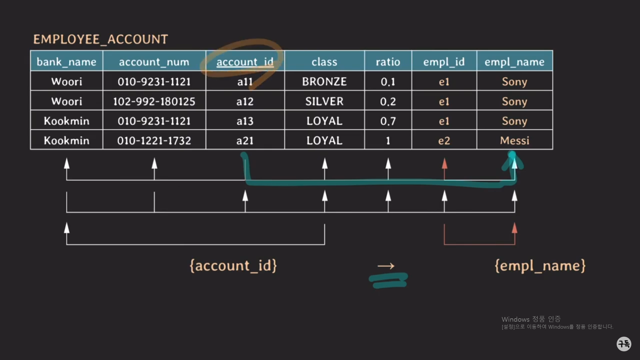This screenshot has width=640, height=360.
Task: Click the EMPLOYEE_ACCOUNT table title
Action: pos(100,39)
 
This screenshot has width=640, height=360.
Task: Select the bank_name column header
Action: pos(66,62)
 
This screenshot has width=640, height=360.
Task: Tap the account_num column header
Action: pos(154,62)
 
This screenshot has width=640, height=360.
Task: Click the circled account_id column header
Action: pos(245,62)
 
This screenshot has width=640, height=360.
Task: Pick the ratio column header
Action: pos(388,62)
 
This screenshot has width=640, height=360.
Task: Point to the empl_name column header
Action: pos(514,62)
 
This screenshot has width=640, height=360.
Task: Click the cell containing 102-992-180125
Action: pos(154,101)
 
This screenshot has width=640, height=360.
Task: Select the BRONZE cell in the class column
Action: pos(324,82)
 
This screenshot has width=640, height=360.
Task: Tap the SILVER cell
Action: pos(324,101)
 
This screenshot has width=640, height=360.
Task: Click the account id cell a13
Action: pos(245,121)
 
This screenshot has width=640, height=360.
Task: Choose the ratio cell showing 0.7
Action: pos(388,121)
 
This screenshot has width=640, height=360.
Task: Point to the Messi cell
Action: pos(514,140)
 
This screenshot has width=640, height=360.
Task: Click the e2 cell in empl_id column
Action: pos(444,140)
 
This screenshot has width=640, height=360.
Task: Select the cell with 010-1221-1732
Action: pos(154,140)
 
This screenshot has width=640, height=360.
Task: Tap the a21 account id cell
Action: pos(245,140)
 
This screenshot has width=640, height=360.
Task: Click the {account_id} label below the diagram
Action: pos(233,266)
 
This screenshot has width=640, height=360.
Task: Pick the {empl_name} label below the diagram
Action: pos(540,266)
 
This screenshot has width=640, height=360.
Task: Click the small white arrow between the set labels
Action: pos(386,266)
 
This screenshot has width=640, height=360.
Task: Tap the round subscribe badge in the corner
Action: pos(624,344)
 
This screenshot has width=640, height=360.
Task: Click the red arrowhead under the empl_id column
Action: pos(444,164)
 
